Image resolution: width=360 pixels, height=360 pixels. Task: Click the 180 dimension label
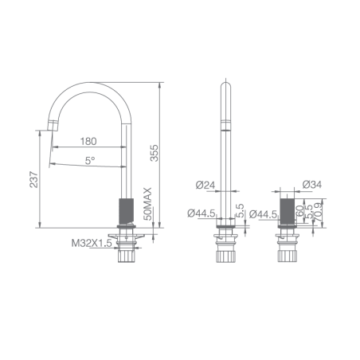pos(88,141)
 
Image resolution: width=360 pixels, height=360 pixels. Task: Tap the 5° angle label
pos(90,160)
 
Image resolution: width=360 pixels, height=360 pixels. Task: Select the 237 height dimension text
pos(34,180)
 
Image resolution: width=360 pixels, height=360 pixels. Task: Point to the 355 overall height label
pos(154,153)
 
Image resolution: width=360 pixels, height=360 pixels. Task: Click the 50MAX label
pos(148,204)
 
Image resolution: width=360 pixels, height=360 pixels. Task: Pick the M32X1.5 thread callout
pos(92,243)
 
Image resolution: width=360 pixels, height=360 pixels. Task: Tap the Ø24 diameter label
pos(205,185)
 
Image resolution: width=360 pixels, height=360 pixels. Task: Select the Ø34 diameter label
pos(312,184)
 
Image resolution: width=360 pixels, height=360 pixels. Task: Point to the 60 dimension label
pos(299,211)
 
